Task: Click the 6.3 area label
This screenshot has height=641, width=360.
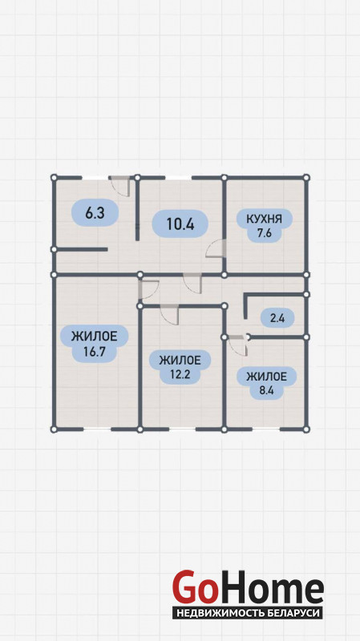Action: pos(95,212)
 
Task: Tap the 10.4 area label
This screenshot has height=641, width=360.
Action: pos(180,224)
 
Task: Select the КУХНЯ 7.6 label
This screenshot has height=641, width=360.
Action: pos(265,226)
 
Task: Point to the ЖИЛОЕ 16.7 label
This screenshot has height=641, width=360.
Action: pos(95,344)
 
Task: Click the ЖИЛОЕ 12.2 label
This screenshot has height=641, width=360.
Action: pos(180,367)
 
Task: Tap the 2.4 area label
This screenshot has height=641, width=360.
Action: pos(277,317)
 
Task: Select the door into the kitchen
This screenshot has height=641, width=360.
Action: pos(216,248)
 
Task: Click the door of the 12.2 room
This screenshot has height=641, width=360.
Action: pos(169,315)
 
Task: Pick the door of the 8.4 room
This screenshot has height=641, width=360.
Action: pos(238,346)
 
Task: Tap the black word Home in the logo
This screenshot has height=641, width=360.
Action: pos(270,587)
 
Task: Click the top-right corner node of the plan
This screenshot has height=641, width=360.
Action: pos(306,177)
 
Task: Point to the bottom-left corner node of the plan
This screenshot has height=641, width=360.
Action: pos(54,429)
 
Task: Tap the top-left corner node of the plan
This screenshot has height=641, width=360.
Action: pos(54,177)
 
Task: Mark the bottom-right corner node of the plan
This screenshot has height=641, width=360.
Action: pos(306,429)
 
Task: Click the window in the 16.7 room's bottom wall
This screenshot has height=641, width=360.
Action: pos(97,429)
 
